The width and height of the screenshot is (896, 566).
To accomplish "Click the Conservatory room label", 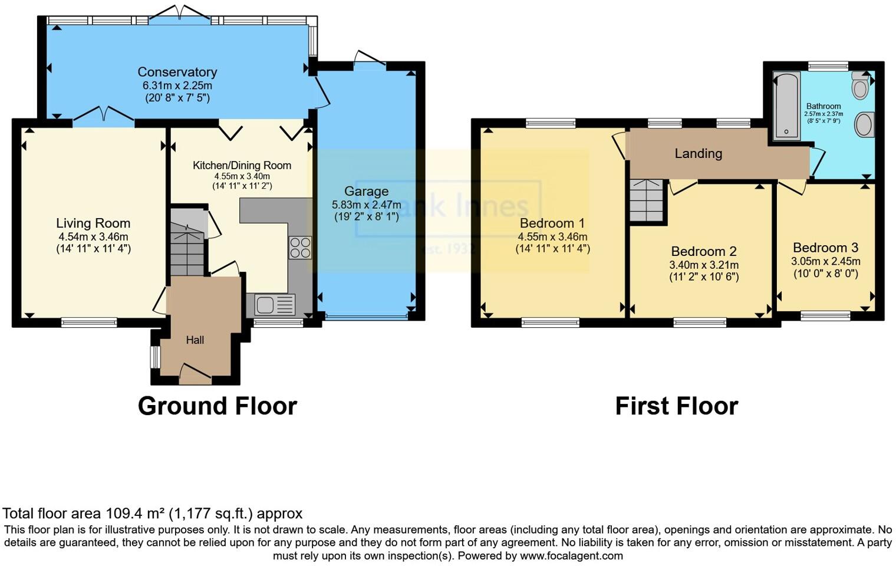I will pyautogui.click(x=177, y=72).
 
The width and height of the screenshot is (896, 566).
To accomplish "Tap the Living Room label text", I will pyautogui.click(x=93, y=223).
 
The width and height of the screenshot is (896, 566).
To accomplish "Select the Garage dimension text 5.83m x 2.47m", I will pyautogui.click(x=366, y=205).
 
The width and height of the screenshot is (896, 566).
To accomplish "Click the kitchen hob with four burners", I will pyautogui.click(x=300, y=247).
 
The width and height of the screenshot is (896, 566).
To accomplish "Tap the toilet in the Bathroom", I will pyautogui.click(x=861, y=86).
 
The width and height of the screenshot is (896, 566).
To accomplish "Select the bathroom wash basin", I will pyautogui.click(x=864, y=124).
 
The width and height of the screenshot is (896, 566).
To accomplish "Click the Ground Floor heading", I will pyautogui.click(x=217, y=406).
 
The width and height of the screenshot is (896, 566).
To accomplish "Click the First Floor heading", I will pyautogui.click(x=676, y=406).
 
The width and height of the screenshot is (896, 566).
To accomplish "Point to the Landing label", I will pyautogui.click(x=698, y=153).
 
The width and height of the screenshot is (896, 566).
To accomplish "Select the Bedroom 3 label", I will pyautogui.click(x=825, y=248).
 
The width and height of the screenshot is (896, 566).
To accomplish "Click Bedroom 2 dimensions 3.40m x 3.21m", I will pyautogui.click(x=704, y=265).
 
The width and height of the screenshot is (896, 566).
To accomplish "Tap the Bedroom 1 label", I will pyautogui.click(x=552, y=223).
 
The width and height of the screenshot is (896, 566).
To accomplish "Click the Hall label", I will pyautogui.click(x=195, y=340).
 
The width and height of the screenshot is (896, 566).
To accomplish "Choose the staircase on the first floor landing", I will pyautogui.click(x=647, y=200).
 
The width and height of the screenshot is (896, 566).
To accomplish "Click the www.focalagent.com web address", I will pyautogui.click(x=571, y=555).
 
